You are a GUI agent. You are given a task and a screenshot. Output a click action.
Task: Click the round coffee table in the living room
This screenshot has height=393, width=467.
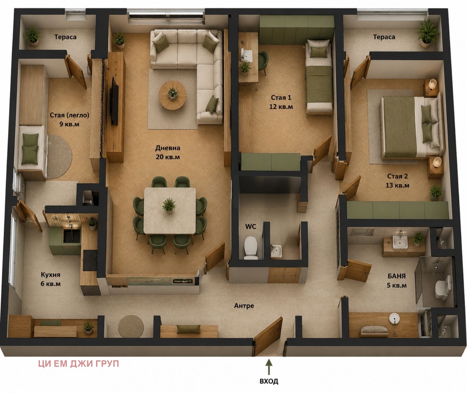[x=172, y=95]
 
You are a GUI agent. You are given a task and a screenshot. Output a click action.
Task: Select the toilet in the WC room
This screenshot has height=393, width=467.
[x=251, y=247]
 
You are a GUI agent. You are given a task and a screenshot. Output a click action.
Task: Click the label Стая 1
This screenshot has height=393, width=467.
[x=281, y=97]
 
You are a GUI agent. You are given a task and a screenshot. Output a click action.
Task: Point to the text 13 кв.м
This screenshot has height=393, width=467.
[x=397, y=185]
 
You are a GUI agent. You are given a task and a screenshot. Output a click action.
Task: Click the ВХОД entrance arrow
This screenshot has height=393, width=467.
[x=269, y=367]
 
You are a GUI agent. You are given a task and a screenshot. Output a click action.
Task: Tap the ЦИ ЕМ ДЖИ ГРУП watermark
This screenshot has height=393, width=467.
[x=79, y=364]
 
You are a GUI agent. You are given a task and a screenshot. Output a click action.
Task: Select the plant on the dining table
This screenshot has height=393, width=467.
[x=169, y=205]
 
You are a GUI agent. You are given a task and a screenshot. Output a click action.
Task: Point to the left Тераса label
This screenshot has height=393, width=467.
[x=65, y=37]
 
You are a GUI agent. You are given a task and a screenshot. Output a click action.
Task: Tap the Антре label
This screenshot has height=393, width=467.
[x=244, y=306]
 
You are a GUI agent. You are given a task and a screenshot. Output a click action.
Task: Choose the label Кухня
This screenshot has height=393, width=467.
[x=50, y=275]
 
